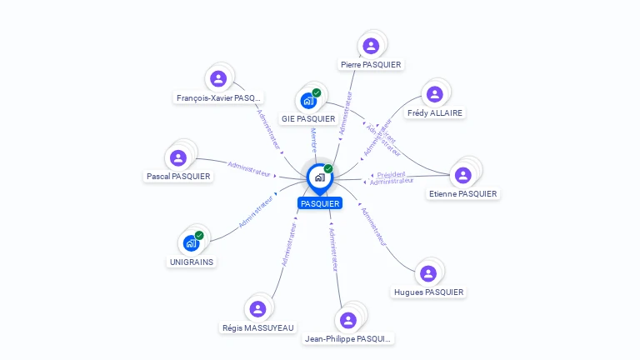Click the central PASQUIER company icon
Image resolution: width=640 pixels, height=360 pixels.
pos(319,177)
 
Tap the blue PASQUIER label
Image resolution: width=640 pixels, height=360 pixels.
pos(320,203)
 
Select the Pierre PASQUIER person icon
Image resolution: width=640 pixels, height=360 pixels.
pos(371,46)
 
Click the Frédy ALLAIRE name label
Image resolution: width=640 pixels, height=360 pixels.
pos(435,112)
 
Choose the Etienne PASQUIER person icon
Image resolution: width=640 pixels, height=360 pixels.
pos(462,175)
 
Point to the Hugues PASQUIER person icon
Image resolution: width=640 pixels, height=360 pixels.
pos(428,273)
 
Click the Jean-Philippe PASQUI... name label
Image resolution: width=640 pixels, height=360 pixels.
pos(348,339)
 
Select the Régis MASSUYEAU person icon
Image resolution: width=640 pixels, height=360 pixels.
pos(257,309)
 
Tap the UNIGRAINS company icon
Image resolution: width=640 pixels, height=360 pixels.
pos(191,243)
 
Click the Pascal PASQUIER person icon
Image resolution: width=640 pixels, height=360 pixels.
pos(178,157)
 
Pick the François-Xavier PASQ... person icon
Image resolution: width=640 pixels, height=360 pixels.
pos(218,79)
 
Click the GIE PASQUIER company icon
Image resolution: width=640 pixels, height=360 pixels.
pos(308,101)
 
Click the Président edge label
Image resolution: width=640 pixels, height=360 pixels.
pos(392,174)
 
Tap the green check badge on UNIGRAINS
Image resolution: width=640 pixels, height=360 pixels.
pos(199,235)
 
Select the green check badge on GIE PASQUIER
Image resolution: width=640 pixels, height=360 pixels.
pos(317,92)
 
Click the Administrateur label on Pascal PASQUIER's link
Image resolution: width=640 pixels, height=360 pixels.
pos(249,168)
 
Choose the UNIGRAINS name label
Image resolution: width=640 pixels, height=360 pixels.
pos(192,262)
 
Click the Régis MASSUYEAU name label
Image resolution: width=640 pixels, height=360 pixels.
pos(258,327)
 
